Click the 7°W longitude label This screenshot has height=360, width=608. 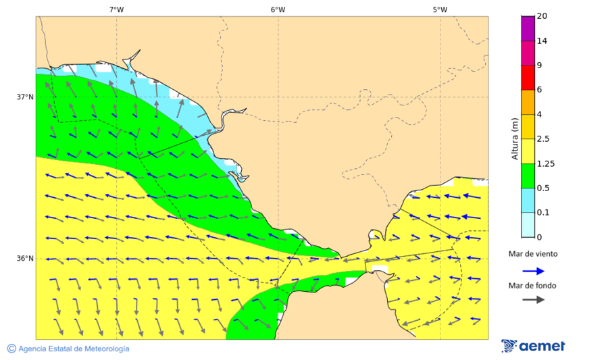(x=116, y=9)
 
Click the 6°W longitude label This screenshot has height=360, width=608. (x=278, y=9)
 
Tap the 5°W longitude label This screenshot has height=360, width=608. (x=440, y=9)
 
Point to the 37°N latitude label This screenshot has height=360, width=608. (x=25, y=97)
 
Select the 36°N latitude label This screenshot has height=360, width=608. (x=25, y=259)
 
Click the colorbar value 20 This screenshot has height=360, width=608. (x=542, y=16)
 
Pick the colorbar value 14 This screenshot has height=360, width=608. (x=542, y=41)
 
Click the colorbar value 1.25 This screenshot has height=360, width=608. (x=545, y=163)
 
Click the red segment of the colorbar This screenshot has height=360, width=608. (x=528, y=78)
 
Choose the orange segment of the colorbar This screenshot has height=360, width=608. (x=528, y=102)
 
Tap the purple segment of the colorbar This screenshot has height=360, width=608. (x=528, y=28)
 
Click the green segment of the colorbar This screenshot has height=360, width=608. (x=528, y=176)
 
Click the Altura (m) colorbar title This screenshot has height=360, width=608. (x=515, y=138)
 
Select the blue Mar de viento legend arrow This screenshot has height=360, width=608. (x=533, y=272)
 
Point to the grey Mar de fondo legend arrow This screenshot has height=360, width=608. (x=533, y=299)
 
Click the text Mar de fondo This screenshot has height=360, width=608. (x=533, y=285)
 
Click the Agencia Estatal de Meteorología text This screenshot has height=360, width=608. (x=73, y=349)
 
